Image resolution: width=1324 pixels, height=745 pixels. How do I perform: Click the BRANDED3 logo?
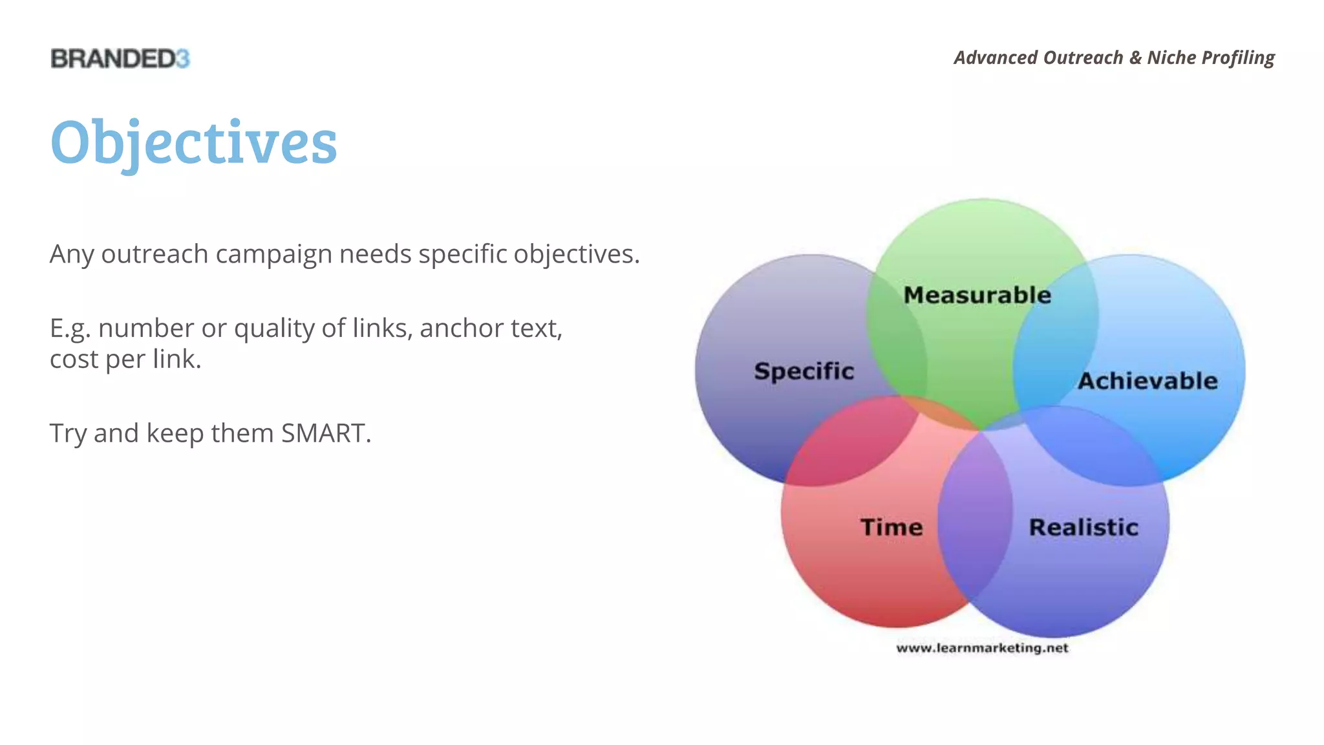[x=120, y=58]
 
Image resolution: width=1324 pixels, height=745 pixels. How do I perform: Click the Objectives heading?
[x=193, y=142]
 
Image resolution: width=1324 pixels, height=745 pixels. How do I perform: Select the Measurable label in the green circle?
[x=977, y=295]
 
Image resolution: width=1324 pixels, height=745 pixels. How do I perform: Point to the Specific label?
[x=804, y=371]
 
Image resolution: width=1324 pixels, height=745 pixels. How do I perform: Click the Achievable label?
[x=1148, y=381]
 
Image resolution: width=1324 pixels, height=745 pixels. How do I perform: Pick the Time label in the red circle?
[x=892, y=527]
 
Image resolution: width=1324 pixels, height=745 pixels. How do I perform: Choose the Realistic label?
[x=1084, y=527]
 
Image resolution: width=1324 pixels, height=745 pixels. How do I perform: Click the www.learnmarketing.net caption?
[x=982, y=648]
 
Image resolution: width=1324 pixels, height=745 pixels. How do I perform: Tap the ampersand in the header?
[x=1135, y=58]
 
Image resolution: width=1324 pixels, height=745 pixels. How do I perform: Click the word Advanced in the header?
[x=996, y=58]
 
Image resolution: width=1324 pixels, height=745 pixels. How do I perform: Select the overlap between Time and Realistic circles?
[x=975, y=517]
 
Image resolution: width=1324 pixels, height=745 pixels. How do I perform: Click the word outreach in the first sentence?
[x=155, y=254]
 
